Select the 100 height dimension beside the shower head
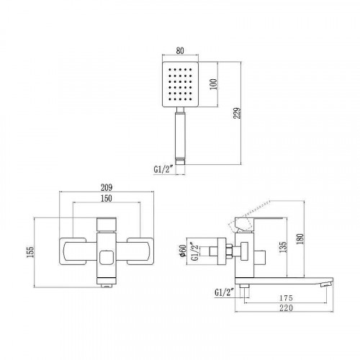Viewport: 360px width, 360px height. point(212,85)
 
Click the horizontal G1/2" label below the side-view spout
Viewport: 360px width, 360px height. point(225,292)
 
